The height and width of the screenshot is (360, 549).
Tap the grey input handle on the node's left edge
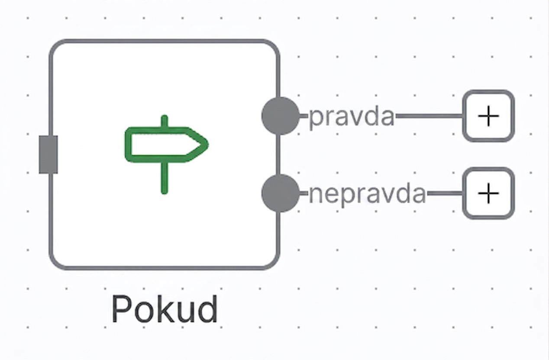48,154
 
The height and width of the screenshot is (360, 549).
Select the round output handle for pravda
281,116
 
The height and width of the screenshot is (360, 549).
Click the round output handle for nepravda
281,193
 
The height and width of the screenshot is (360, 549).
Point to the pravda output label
352,117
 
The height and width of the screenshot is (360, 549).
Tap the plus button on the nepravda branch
488,193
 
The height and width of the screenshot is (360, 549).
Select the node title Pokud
165,309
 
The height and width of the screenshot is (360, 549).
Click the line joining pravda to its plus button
429,116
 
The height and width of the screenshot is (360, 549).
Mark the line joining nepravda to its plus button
445,193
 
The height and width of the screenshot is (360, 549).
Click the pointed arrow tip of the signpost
207,144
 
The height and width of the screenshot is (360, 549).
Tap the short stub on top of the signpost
165,121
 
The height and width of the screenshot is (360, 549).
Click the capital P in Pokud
121,309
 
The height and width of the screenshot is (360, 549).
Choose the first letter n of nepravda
316,195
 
